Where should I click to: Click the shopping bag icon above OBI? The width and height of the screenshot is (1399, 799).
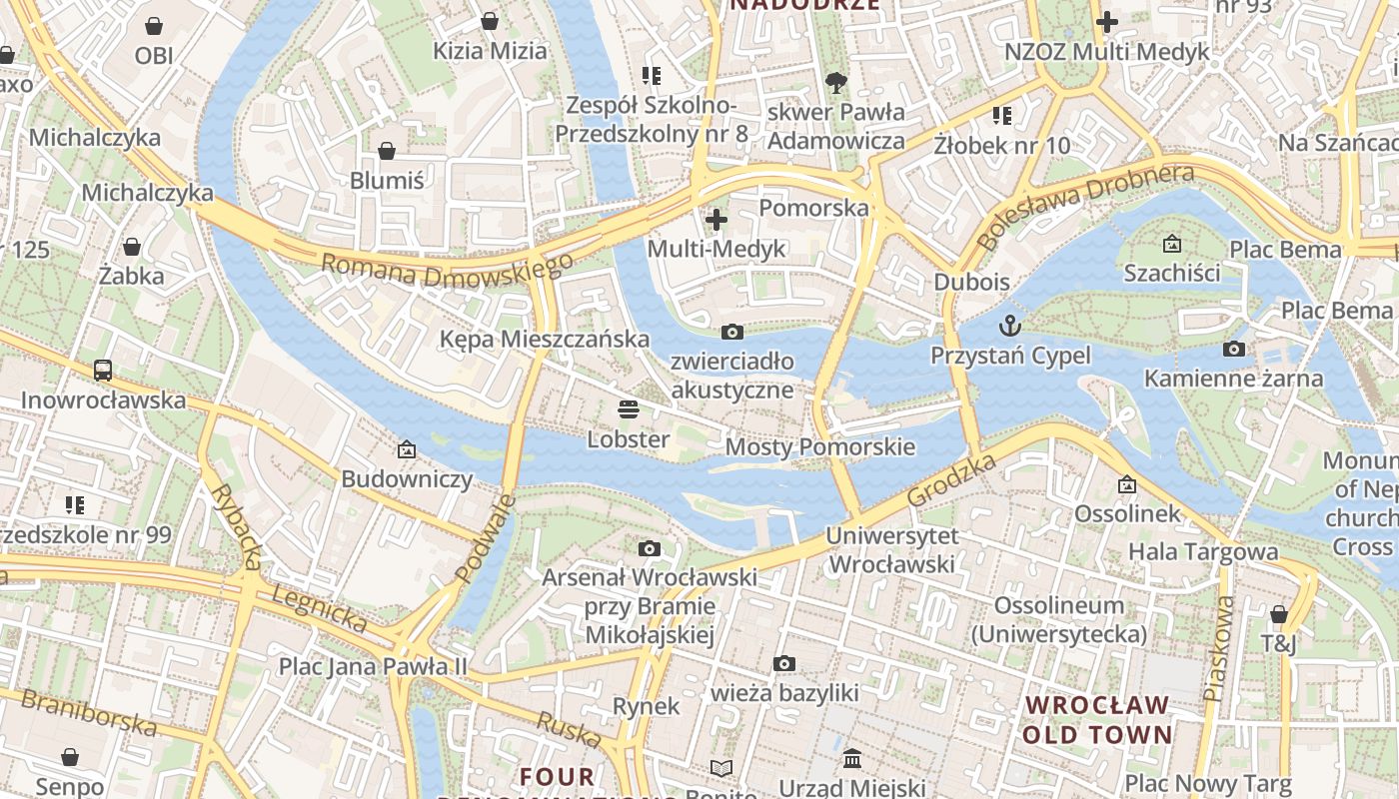154,25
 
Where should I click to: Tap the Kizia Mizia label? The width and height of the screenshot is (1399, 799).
490,51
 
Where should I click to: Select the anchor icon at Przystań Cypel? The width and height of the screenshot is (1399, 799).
1010,326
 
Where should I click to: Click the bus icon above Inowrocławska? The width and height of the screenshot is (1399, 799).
103,371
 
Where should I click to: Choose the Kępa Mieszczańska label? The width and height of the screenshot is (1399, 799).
545,340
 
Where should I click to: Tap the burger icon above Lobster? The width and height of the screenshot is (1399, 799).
628,408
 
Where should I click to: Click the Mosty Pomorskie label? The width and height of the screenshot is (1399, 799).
819,446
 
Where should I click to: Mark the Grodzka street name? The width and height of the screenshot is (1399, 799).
951,480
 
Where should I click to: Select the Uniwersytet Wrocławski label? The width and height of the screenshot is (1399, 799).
892,550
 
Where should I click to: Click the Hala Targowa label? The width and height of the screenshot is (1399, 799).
1203,551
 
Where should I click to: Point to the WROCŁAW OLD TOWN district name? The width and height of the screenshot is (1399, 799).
1097,720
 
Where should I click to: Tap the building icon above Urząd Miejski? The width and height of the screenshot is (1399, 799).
852,759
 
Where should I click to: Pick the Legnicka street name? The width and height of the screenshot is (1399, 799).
319,608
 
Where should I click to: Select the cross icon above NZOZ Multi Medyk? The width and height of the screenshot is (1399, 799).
1107,21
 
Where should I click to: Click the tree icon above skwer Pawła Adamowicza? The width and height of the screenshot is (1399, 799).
835,82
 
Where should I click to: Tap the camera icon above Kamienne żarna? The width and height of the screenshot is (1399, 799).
1234,349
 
